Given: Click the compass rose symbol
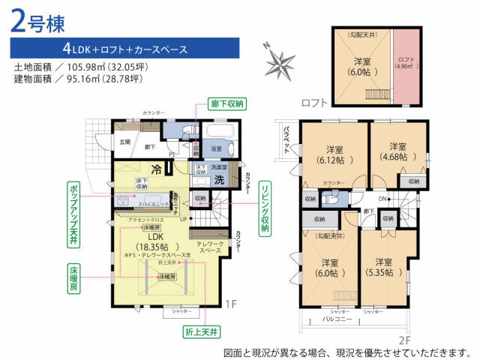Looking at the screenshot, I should [x=280, y=57].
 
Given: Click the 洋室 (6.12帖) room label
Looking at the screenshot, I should [x=334, y=153].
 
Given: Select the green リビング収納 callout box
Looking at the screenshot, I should [x=265, y=209].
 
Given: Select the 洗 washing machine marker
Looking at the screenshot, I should [x=220, y=180].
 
